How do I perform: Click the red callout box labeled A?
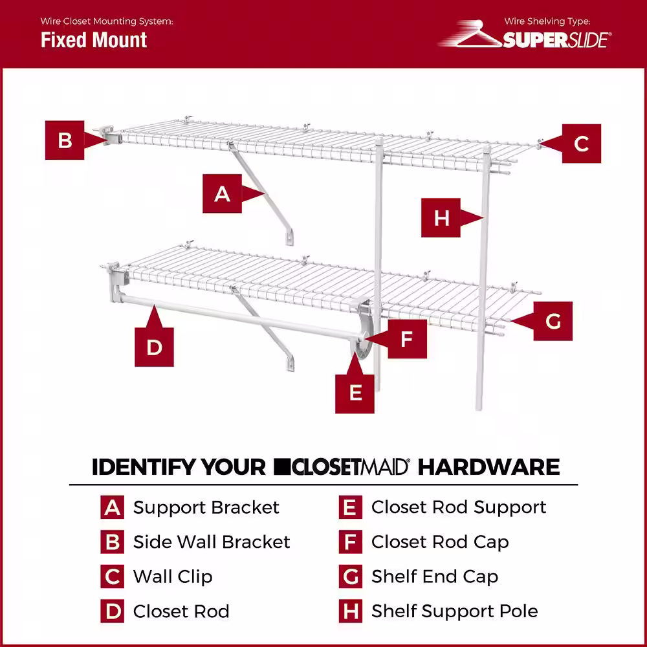[x=223, y=193]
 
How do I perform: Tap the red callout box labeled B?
[x=65, y=140]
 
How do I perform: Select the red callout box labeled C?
[x=581, y=143]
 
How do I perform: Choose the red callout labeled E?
[x=355, y=392]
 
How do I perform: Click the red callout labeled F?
[x=406, y=338]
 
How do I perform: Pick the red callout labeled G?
[x=553, y=321]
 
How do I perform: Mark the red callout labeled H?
[x=441, y=217]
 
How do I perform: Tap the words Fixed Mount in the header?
[x=94, y=40]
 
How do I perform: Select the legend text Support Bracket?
[x=206, y=507]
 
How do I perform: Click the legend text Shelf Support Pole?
[x=454, y=611]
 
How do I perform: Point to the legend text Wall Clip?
[x=173, y=576]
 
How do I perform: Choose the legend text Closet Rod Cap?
[x=440, y=542]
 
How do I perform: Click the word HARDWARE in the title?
[x=488, y=466]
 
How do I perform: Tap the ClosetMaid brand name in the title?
[x=342, y=466]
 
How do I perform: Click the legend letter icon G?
[x=350, y=576]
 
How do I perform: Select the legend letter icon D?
[x=112, y=611]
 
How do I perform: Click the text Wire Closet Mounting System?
[x=107, y=21]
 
